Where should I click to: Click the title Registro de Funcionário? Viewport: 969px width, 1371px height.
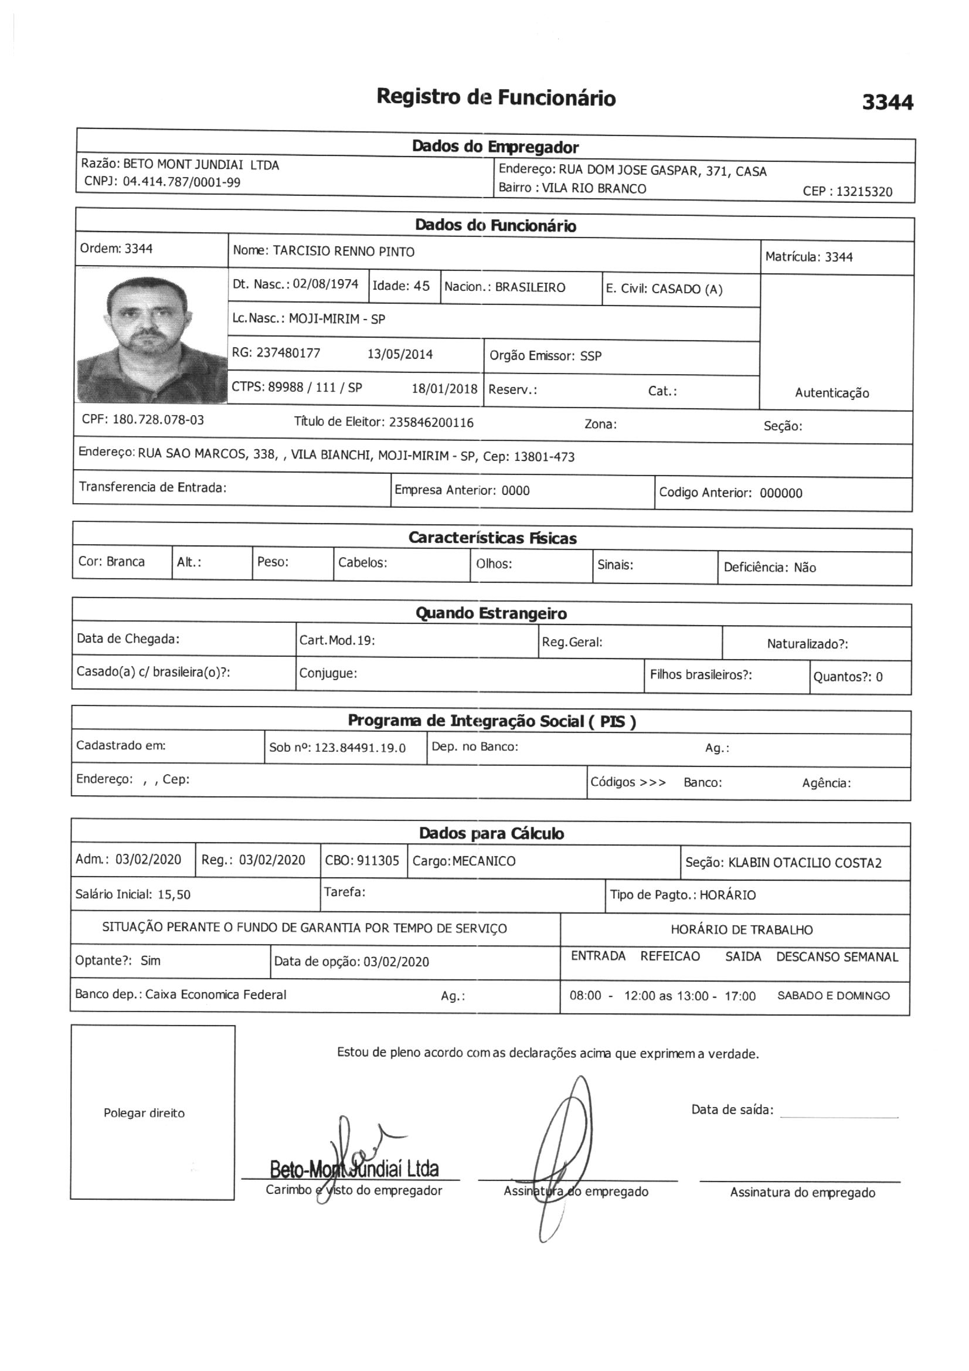click(x=495, y=97)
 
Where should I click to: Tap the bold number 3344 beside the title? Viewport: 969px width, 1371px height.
click(x=887, y=103)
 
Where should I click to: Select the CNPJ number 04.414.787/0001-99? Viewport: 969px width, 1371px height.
click(x=182, y=182)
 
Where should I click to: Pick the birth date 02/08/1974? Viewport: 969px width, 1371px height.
click(x=325, y=284)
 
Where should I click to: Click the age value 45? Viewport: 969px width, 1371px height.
click(x=421, y=286)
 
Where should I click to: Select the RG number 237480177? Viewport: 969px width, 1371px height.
click(x=288, y=353)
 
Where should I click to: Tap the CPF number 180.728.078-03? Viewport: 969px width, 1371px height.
click(x=158, y=420)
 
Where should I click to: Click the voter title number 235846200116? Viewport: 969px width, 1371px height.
click(x=431, y=423)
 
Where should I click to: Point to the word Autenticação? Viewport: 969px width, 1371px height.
click(x=832, y=393)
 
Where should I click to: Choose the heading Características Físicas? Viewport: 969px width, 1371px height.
click(x=492, y=538)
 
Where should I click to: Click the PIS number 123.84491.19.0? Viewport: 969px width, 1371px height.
click(x=360, y=748)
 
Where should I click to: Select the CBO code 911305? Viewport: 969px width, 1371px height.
click(x=378, y=860)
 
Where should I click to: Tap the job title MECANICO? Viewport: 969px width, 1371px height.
click(x=484, y=861)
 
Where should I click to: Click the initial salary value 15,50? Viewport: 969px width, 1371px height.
click(x=174, y=894)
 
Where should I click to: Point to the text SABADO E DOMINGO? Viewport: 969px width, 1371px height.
click(x=834, y=996)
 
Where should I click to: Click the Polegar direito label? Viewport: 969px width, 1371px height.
click(x=144, y=1113)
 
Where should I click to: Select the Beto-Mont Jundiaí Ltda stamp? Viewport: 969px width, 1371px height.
click(x=354, y=1169)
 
